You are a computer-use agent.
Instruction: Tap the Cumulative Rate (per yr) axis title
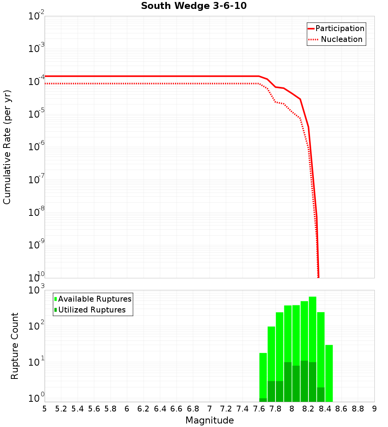(x=7, y=147)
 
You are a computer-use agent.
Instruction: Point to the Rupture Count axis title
(x=15, y=345)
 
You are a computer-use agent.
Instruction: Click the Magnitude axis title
(x=210, y=420)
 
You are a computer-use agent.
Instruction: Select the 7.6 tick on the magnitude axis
(x=259, y=409)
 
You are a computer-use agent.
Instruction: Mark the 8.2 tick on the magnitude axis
(x=308, y=409)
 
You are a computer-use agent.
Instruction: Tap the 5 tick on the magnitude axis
(x=45, y=409)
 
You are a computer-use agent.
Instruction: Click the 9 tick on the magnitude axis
(x=374, y=409)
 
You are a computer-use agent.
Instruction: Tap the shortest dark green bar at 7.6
(x=263, y=400)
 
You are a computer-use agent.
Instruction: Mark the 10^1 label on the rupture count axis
(x=37, y=363)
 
